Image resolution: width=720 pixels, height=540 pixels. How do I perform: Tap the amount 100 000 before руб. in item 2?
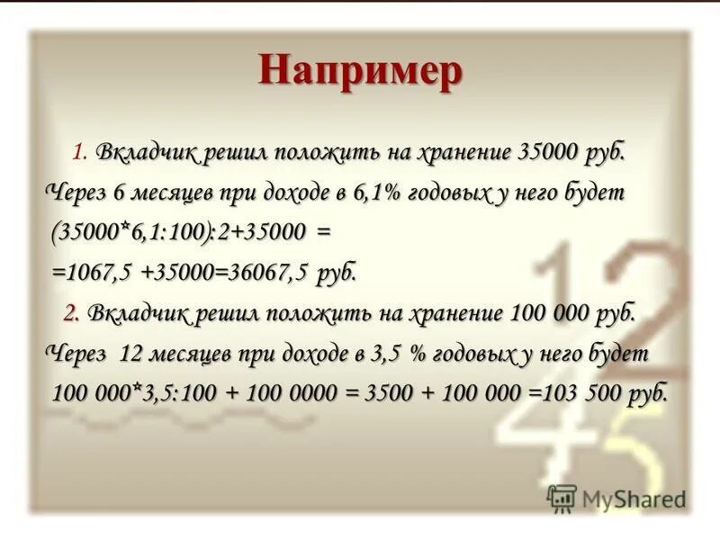click(549, 313)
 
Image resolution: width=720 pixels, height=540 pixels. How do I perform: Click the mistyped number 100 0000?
click(286, 392)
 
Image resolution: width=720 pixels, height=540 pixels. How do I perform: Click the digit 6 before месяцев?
click(122, 193)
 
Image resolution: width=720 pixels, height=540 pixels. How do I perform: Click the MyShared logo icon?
click(562, 498)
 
